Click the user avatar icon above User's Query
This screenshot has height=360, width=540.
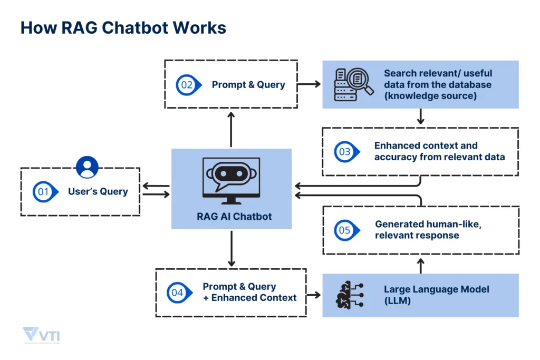coord(87,167)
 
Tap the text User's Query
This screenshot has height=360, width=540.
coord(98,191)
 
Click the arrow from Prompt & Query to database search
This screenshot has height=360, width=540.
coord(310,84)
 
